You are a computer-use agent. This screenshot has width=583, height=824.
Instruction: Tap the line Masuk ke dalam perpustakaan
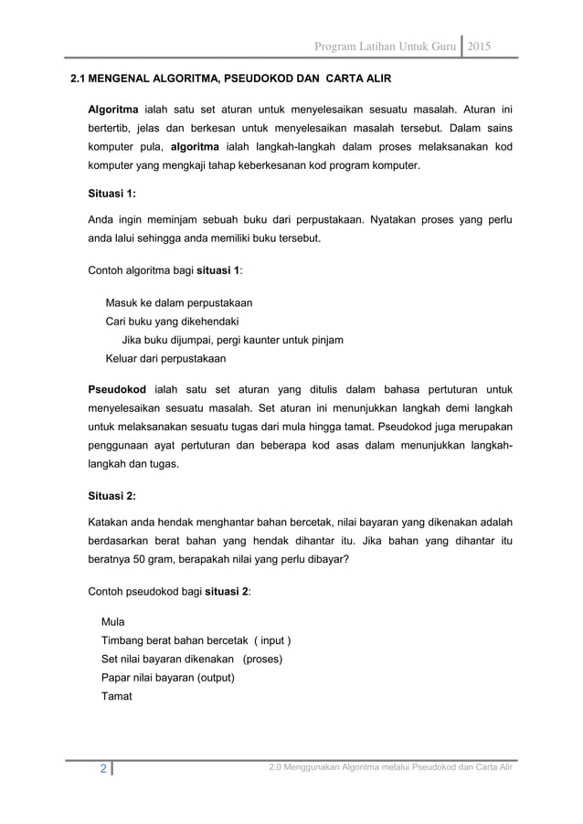point(180,301)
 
